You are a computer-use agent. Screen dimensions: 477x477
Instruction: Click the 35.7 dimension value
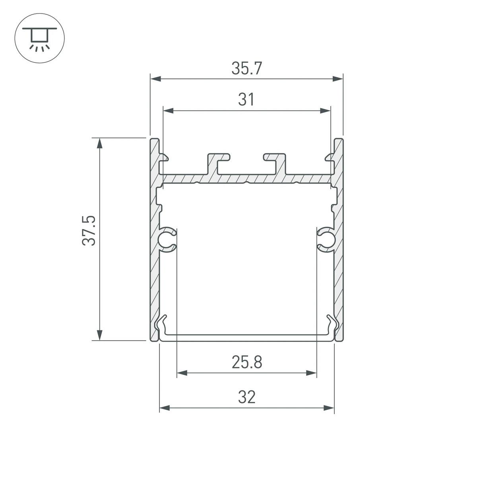[246, 69]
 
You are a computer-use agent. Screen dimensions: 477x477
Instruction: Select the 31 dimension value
[246, 100]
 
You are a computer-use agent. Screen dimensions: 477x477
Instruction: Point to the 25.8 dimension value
[246, 362]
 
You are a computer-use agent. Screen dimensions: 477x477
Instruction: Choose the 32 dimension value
[246, 397]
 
